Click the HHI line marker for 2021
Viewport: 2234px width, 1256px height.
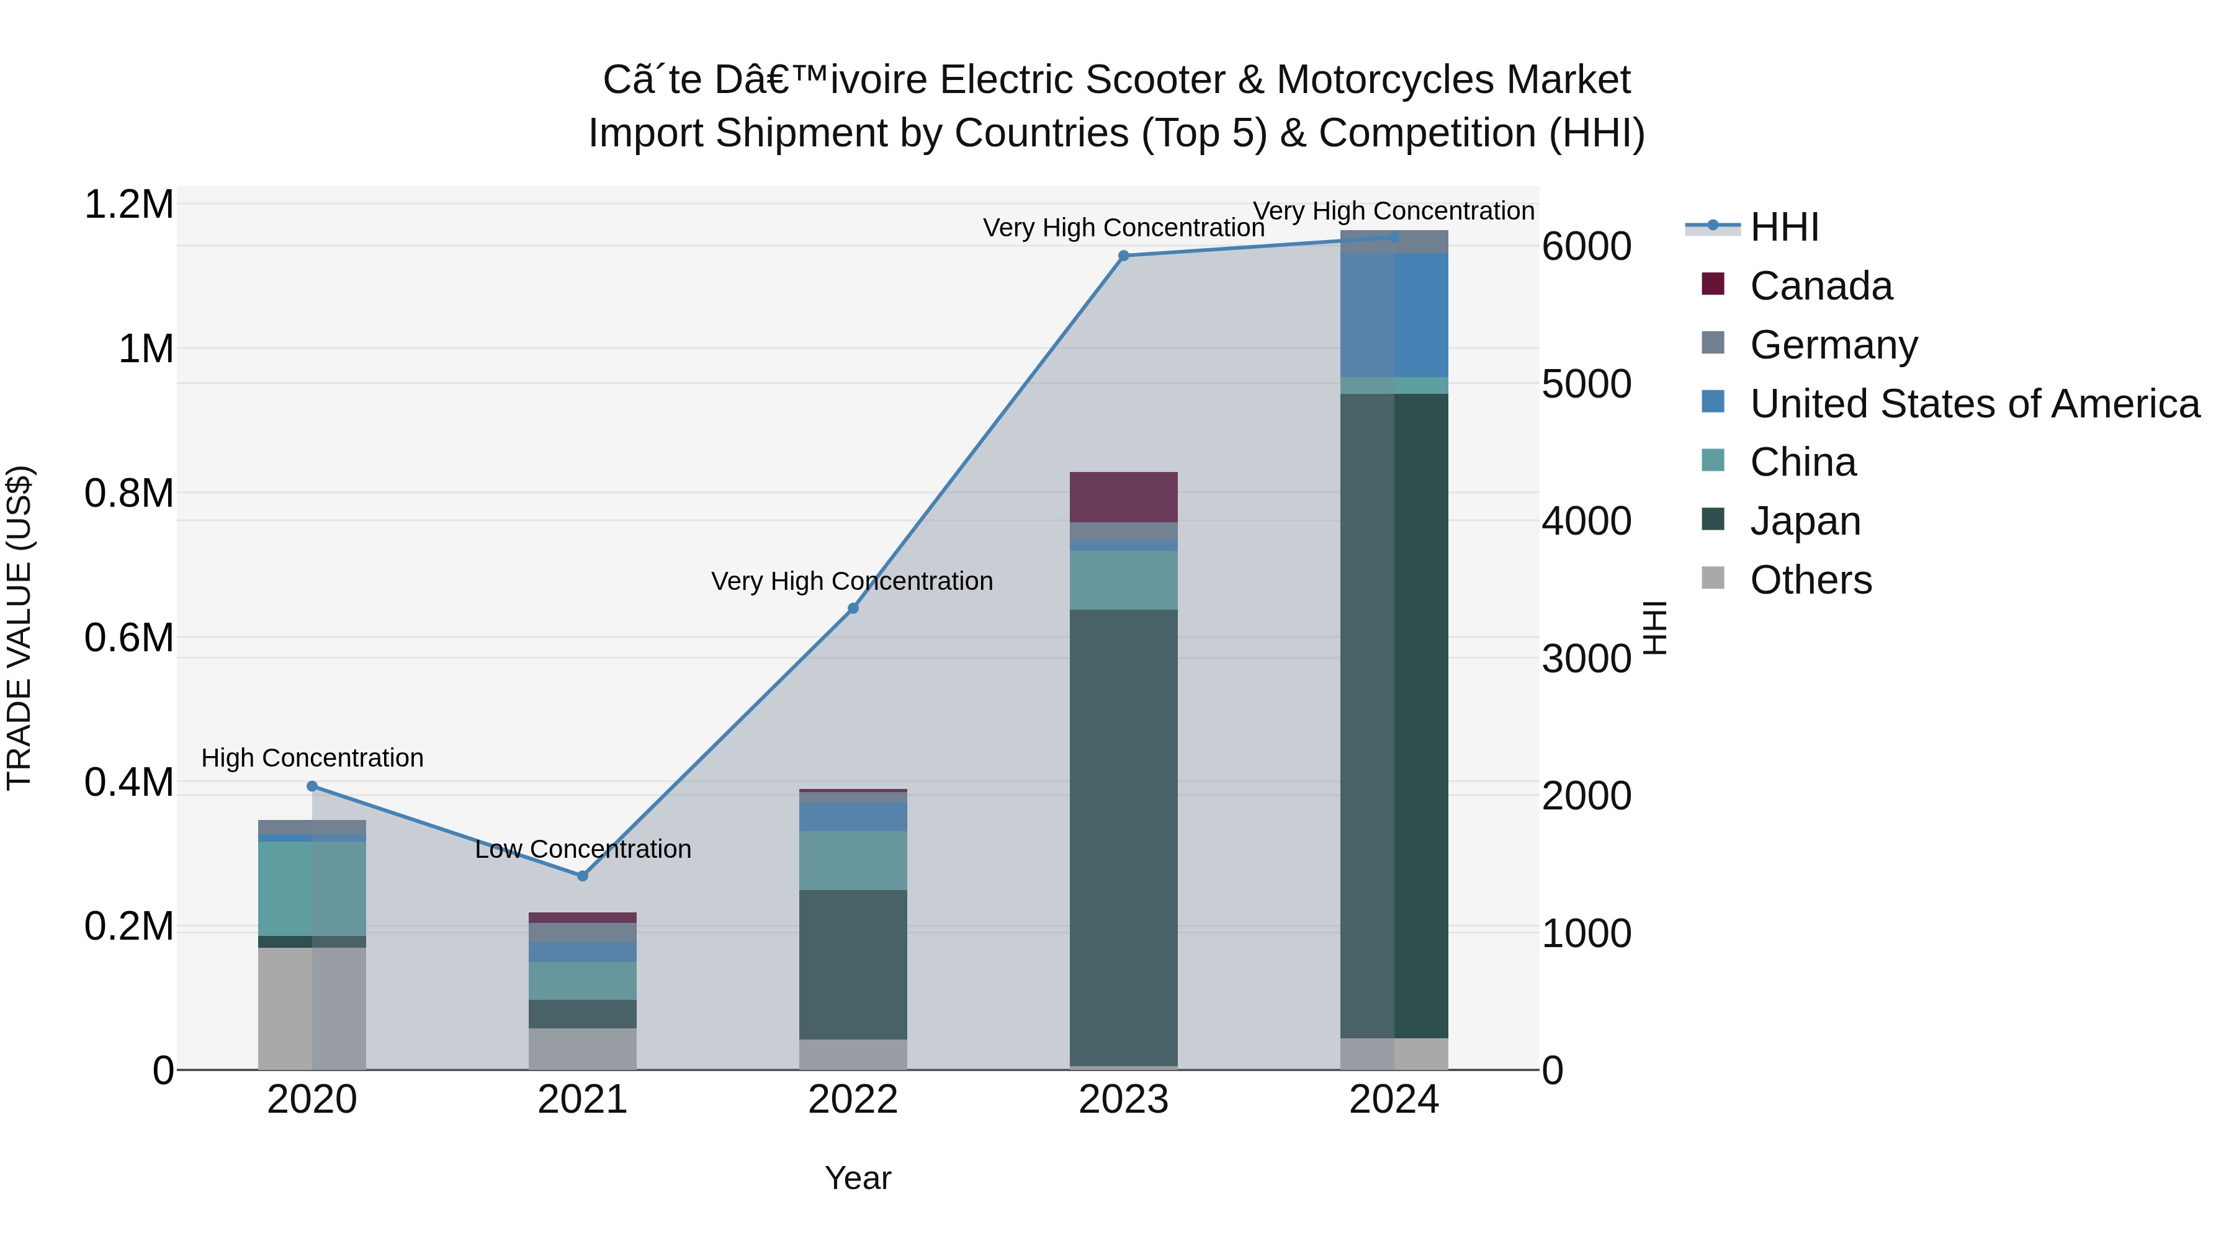pos(583,875)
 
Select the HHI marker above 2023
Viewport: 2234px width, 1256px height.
pos(1123,256)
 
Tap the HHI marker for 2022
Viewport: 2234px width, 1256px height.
pos(853,608)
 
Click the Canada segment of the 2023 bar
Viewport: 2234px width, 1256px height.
pos(1123,497)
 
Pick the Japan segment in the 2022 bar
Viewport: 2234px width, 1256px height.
pos(853,964)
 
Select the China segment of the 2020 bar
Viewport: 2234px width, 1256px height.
pos(312,888)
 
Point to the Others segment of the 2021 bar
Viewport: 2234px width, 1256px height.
pos(583,1049)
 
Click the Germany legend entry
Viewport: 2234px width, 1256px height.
pos(1833,345)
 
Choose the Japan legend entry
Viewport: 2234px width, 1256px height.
pos(1805,521)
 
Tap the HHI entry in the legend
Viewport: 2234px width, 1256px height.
pos(1784,227)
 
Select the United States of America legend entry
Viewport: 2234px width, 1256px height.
pos(1974,404)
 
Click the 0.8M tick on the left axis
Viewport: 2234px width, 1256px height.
pos(128,493)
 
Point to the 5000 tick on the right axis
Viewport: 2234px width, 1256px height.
pos(1586,384)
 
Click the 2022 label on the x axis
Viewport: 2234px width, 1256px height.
pos(853,1100)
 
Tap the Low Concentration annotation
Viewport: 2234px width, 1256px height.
pos(583,848)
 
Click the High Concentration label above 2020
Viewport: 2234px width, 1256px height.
pos(312,757)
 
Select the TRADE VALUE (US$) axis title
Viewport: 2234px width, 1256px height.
pos(19,628)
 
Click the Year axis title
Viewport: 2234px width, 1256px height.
pos(858,1178)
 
